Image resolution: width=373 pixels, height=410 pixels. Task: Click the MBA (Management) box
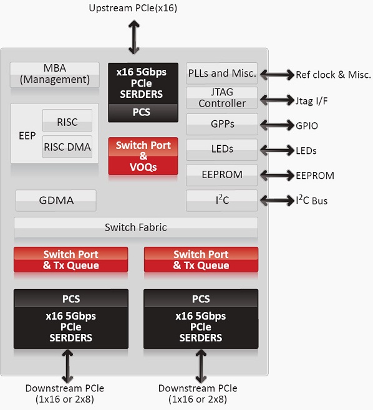(x=55, y=75)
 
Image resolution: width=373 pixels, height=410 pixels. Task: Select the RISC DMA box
(x=67, y=146)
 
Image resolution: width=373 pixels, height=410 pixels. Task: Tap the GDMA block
(x=56, y=200)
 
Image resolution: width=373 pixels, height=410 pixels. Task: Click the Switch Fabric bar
(x=136, y=227)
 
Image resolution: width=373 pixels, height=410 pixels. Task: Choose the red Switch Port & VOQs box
(x=143, y=156)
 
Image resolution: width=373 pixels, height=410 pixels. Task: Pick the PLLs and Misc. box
(x=221, y=74)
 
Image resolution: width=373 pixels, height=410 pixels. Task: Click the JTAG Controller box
(x=221, y=98)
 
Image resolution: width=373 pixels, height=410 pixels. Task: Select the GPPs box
(x=222, y=124)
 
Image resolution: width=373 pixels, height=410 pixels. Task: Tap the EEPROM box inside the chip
(x=221, y=174)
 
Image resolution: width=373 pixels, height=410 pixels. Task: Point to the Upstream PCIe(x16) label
(x=133, y=8)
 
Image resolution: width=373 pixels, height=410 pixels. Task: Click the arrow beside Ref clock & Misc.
(x=277, y=75)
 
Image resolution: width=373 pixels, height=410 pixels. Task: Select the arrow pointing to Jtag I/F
(x=277, y=100)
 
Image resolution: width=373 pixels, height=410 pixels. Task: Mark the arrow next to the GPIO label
(x=277, y=125)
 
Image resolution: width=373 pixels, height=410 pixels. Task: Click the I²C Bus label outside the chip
(x=311, y=200)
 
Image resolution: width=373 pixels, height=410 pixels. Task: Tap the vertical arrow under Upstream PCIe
(x=134, y=37)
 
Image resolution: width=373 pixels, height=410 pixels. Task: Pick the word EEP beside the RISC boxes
(x=27, y=136)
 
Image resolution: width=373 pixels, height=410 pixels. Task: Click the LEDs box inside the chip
(x=221, y=150)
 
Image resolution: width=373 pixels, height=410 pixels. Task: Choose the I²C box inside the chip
(x=221, y=200)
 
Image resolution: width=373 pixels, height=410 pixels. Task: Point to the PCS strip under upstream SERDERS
(x=143, y=112)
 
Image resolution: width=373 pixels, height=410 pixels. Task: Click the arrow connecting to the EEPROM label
(x=277, y=175)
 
